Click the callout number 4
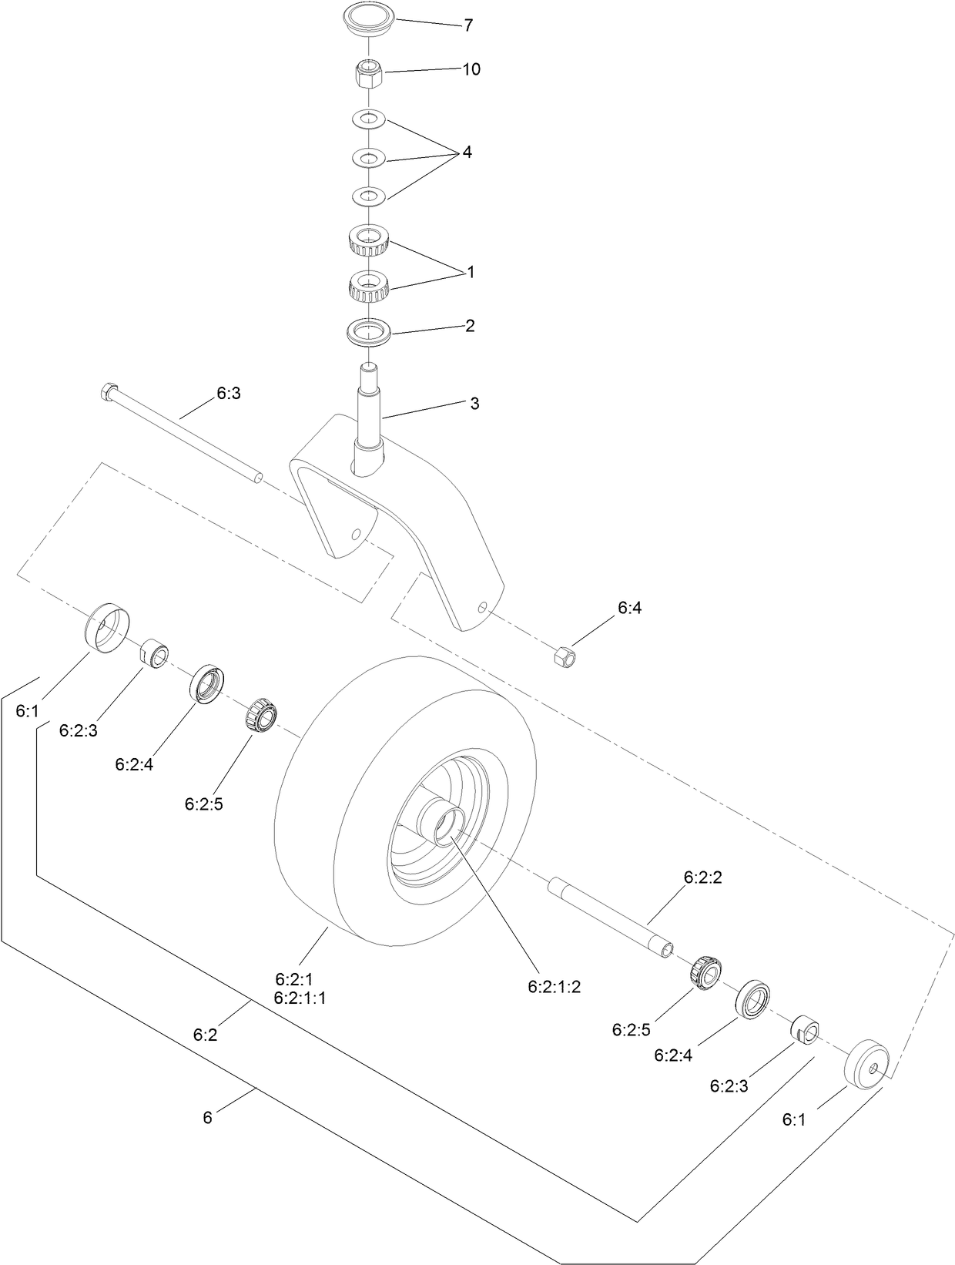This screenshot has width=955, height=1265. pyautogui.click(x=467, y=153)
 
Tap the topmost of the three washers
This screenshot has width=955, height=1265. pyautogui.click(x=368, y=119)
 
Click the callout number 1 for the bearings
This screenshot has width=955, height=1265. pyautogui.click(x=471, y=272)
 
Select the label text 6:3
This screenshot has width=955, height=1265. pyautogui.click(x=229, y=393)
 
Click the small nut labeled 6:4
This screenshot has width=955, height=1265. pyautogui.click(x=564, y=656)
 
